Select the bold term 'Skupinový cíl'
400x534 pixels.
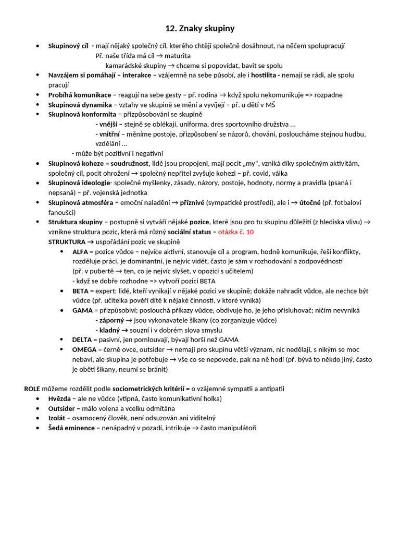point(68,46)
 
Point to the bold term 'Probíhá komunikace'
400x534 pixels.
point(80,95)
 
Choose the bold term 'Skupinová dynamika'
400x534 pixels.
point(80,105)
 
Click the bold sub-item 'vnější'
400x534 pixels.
point(108,124)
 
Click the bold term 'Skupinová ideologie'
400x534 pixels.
point(79,183)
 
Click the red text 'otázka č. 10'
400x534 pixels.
point(236,232)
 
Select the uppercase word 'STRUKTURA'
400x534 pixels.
point(67,242)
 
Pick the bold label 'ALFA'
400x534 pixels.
point(80,251)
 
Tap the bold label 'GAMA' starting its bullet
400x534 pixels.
point(82,310)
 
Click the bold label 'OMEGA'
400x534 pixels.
point(84,349)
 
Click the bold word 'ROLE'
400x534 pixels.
point(32,389)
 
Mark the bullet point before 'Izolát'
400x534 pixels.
point(38,418)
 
